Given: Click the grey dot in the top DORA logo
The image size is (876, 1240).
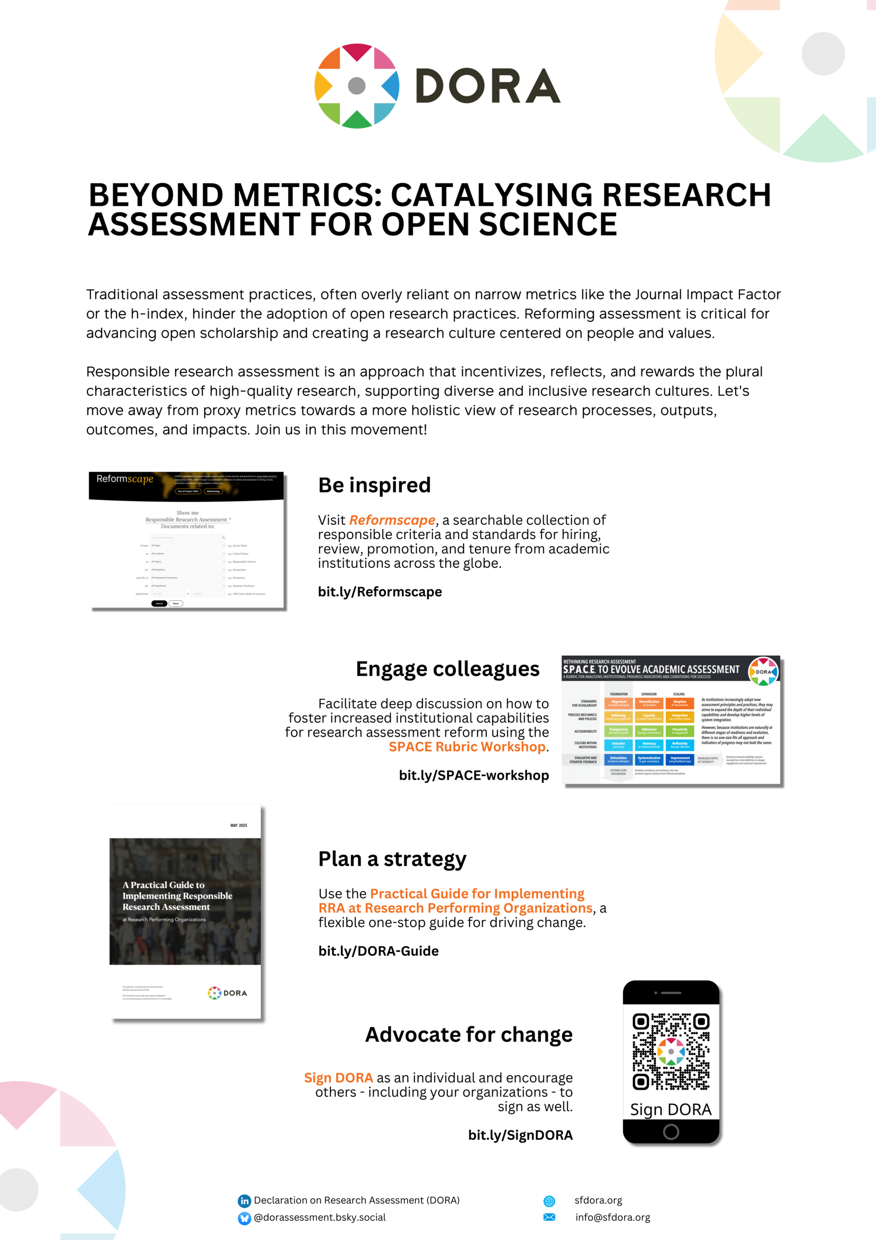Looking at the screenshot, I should [357, 85].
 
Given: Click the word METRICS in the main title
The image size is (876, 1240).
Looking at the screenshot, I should [307, 195].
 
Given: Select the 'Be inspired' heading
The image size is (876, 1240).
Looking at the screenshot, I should [375, 485].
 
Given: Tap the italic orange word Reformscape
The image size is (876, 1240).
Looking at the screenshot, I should [392, 520].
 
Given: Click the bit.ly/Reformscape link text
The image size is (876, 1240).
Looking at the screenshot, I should [380, 592].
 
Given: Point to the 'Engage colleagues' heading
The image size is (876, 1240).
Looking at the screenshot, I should [447, 668].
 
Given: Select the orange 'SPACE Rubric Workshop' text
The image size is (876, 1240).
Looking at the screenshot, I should [467, 747].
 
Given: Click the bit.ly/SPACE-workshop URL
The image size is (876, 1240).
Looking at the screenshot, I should [474, 775].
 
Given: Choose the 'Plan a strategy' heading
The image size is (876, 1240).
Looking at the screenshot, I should [392, 859].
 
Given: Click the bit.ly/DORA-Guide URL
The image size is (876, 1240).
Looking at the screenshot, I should [378, 951].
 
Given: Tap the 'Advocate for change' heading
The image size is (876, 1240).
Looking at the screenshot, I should [468, 1035].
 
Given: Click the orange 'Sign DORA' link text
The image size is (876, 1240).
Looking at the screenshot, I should [338, 1078].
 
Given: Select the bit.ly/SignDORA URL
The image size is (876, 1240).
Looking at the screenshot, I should [520, 1135].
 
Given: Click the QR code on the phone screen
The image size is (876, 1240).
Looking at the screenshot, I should [671, 1051].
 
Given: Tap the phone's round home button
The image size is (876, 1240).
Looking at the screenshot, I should [671, 1132].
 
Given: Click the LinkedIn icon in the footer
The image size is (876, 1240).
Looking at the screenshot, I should [245, 1201].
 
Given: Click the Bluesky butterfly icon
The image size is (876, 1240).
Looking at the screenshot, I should [245, 1218].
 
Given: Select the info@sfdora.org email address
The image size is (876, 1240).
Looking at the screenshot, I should [612, 1217].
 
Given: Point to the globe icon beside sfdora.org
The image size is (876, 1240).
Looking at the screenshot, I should [549, 1201].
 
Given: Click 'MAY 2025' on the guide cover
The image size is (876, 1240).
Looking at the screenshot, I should [239, 825].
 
